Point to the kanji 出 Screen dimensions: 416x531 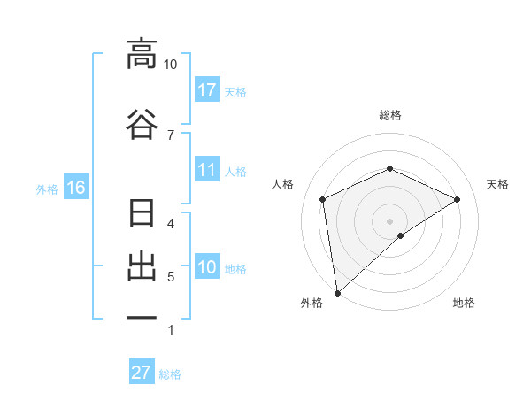pyautogui.click(x=142, y=267)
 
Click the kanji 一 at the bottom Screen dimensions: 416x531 pyautogui.click(x=142, y=317)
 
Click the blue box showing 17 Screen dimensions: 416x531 pyautogui.click(x=207, y=90)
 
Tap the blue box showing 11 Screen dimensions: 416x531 pyautogui.click(x=207, y=170)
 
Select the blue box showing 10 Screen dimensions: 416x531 pyautogui.click(x=207, y=267)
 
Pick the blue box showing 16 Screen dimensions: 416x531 pyautogui.click(x=75, y=188)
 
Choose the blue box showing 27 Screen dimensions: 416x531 pyautogui.click(x=142, y=373)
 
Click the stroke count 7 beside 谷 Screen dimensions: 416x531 pyautogui.click(x=171, y=135)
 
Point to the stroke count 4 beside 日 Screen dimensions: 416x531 pyautogui.click(x=171, y=223)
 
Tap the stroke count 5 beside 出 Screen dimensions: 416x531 pyautogui.click(x=171, y=277)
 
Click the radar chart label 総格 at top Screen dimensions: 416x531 pyautogui.click(x=390, y=115)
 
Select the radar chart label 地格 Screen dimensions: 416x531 pyautogui.click(x=464, y=303)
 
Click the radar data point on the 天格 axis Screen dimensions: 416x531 pyautogui.click(x=458, y=199)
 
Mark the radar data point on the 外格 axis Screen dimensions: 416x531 pyautogui.click(x=336, y=293)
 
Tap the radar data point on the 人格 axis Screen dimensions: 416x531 pyautogui.click(x=323, y=199)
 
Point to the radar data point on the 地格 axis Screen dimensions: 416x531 pyautogui.click(x=401, y=235)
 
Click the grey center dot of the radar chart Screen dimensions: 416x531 pyautogui.click(x=390, y=220)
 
